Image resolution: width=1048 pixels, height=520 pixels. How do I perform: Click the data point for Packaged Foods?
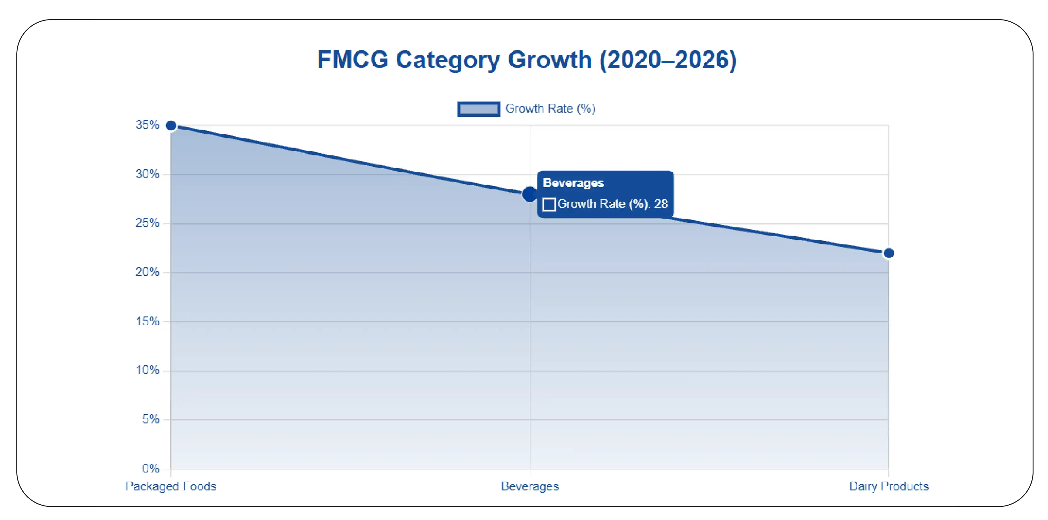click(171, 126)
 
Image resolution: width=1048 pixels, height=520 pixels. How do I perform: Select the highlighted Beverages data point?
click(530, 194)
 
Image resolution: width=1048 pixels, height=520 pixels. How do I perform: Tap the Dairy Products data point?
click(888, 253)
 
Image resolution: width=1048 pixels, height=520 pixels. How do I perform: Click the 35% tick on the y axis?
click(147, 125)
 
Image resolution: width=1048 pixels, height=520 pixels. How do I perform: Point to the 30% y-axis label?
click(147, 174)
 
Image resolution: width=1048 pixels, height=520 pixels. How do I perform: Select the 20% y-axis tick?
click(147, 272)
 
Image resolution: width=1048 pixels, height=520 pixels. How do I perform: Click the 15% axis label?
click(147, 321)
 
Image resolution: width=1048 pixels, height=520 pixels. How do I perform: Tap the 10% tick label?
click(147, 370)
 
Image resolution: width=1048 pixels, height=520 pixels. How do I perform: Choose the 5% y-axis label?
click(150, 419)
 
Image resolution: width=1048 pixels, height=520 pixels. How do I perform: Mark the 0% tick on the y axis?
click(150, 468)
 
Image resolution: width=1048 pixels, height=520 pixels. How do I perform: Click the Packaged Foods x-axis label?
click(171, 486)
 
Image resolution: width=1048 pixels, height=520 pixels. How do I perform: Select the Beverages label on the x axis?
click(530, 486)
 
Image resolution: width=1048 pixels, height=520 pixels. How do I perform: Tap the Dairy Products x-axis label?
click(888, 486)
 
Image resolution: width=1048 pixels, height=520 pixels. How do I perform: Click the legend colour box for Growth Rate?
click(478, 109)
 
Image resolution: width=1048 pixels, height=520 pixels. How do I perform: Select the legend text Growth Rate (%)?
click(550, 109)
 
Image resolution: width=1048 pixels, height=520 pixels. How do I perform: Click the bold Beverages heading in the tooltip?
click(573, 183)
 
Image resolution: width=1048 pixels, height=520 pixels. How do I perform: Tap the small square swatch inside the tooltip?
click(549, 204)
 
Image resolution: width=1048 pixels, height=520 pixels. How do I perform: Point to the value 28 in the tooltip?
click(661, 204)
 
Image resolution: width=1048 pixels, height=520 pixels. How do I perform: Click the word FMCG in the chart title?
click(353, 60)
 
